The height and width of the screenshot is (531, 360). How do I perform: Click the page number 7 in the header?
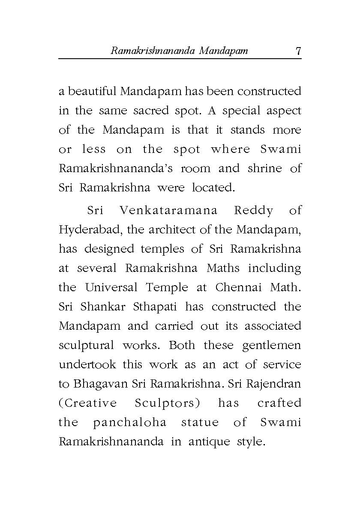click(298, 51)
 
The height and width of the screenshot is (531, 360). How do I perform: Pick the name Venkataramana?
click(168, 211)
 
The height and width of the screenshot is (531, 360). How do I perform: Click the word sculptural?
click(86, 345)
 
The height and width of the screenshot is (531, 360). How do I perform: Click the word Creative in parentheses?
click(90, 403)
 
